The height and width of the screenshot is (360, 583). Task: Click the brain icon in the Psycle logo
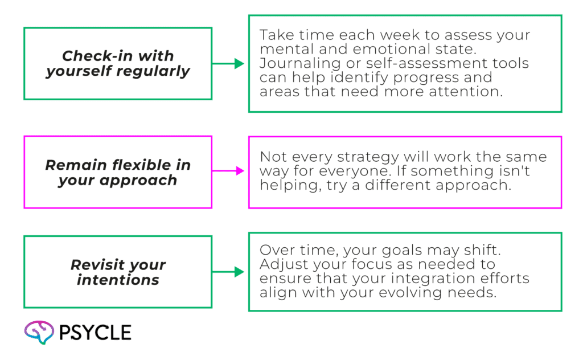point(39,332)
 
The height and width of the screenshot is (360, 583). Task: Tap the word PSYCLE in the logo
point(95,333)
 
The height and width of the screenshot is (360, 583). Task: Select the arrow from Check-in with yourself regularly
point(228,64)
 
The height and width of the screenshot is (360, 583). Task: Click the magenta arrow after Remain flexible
point(228,171)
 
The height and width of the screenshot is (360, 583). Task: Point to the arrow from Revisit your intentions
point(228,272)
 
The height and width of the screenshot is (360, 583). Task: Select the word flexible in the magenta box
point(141,165)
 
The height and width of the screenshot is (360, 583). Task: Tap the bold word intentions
point(118,280)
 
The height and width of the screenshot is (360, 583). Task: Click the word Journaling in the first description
point(300,64)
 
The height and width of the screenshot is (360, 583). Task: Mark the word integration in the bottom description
point(433,279)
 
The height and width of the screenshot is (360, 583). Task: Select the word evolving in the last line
point(410,293)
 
